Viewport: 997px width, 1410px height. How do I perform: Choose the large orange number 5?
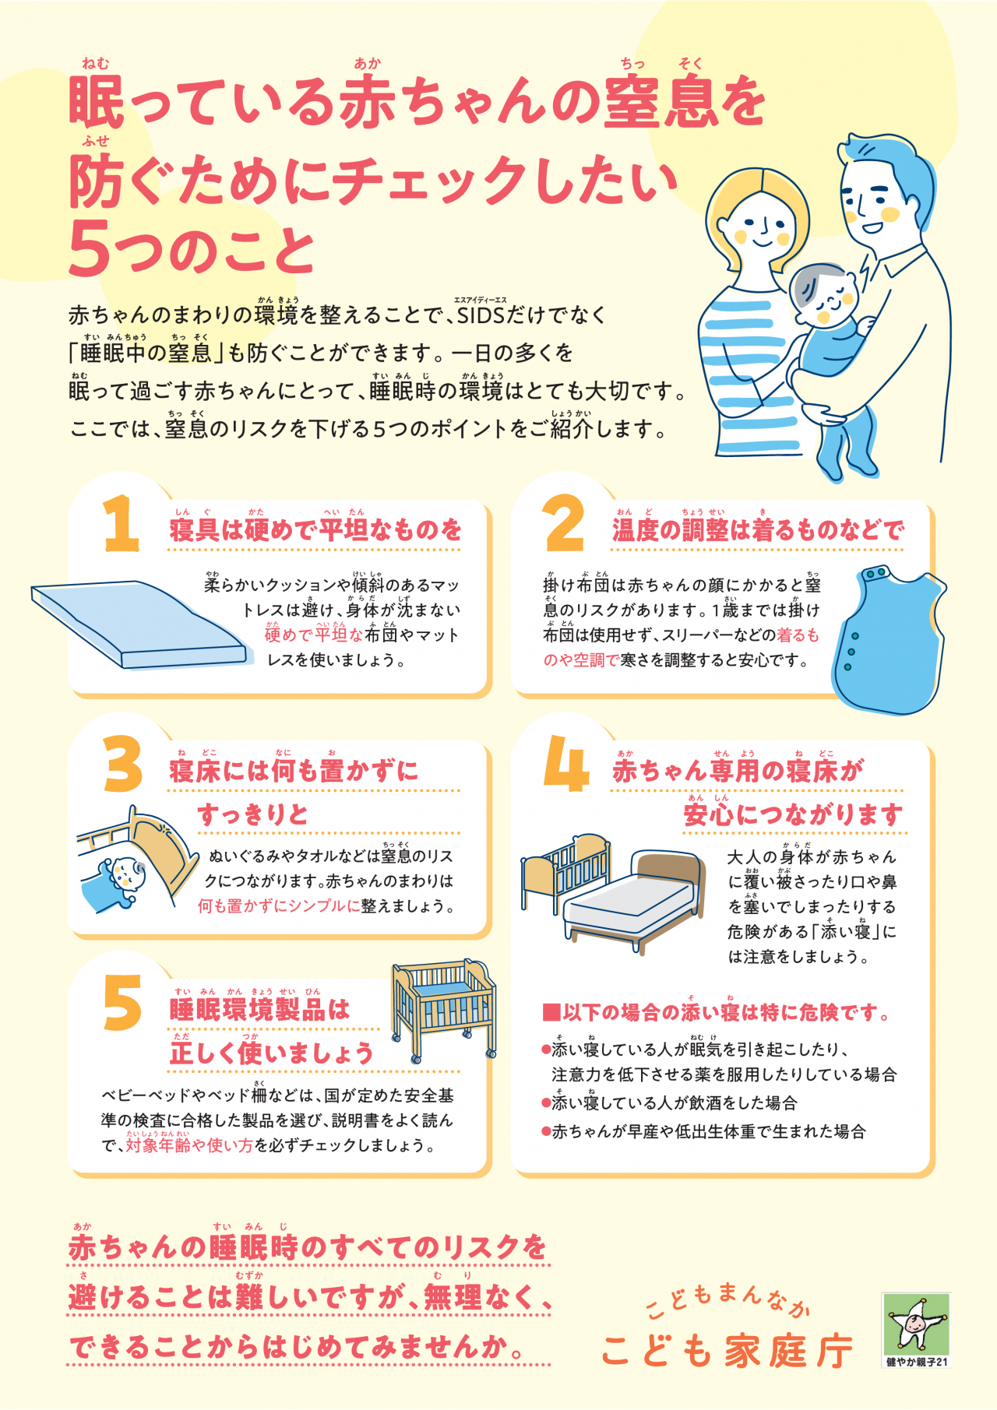click(122, 1003)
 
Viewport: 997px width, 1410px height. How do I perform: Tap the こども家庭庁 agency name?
click(727, 1351)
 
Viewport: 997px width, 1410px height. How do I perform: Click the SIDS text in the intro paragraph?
click(481, 315)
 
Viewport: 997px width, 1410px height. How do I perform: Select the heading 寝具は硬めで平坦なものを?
click(315, 530)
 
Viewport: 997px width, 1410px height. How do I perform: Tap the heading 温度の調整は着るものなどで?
click(758, 530)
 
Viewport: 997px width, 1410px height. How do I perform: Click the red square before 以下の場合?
click(551, 1012)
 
